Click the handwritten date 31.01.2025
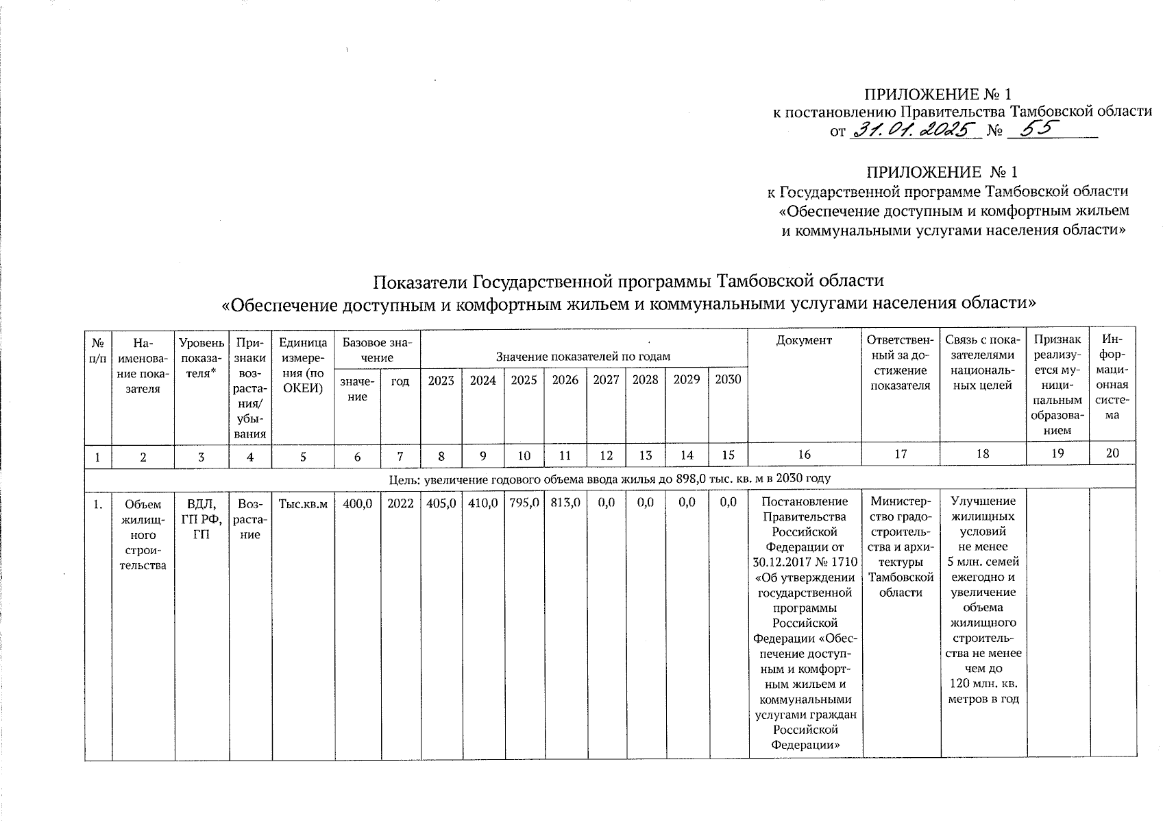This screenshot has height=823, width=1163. click(915, 130)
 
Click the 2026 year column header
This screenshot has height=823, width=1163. click(565, 380)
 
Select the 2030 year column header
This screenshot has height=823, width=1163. click(728, 380)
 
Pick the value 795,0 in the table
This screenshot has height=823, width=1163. click(524, 503)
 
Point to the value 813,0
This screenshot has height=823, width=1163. click(565, 503)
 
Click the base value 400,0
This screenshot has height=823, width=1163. click(357, 503)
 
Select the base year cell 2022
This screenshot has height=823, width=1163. click(400, 503)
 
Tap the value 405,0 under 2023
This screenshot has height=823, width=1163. click(441, 503)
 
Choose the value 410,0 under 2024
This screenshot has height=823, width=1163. click(482, 503)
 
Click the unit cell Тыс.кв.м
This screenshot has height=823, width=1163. click(303, 503)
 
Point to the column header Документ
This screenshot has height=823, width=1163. click(805, 341)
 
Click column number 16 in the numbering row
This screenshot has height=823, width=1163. click(805, 454)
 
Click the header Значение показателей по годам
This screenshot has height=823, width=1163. click(583, 356)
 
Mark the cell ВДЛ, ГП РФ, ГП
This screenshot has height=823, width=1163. click(201, 519)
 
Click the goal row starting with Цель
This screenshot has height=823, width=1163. click(609, 478)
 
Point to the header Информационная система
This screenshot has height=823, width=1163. click(1112, 377)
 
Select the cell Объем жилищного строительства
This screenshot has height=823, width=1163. click(143, 534)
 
